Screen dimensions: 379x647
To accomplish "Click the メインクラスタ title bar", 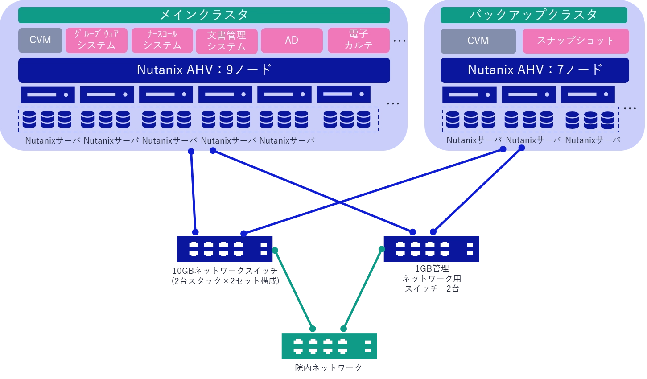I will (204, 15).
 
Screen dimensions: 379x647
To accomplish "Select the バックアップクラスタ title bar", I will (534, 15).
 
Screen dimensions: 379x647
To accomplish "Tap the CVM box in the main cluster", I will (40, 40).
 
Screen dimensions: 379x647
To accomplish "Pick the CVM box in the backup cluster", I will (478, 41).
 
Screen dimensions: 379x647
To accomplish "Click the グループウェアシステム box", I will (96, 40).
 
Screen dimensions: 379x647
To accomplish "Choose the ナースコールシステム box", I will (162, 40).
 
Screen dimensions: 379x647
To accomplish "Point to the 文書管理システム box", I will (227, 41).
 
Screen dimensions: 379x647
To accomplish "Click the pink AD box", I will (292, 41).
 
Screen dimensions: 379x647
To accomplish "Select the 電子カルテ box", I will (359, 41).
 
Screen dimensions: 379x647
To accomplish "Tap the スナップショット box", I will (576, 41).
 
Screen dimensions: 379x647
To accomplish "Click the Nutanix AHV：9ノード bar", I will (204, 70).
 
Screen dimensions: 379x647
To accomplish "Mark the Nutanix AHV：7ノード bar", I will (535, 70).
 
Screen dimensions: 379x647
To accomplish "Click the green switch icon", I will (329, 346).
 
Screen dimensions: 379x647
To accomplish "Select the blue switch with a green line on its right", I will (224, 249).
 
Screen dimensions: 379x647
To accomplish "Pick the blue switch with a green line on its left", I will (431, 249).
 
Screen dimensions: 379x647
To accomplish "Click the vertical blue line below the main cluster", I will (193, 192).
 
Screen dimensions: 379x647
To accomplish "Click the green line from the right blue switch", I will (363, 290).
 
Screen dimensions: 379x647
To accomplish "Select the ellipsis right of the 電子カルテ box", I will (400, 41).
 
